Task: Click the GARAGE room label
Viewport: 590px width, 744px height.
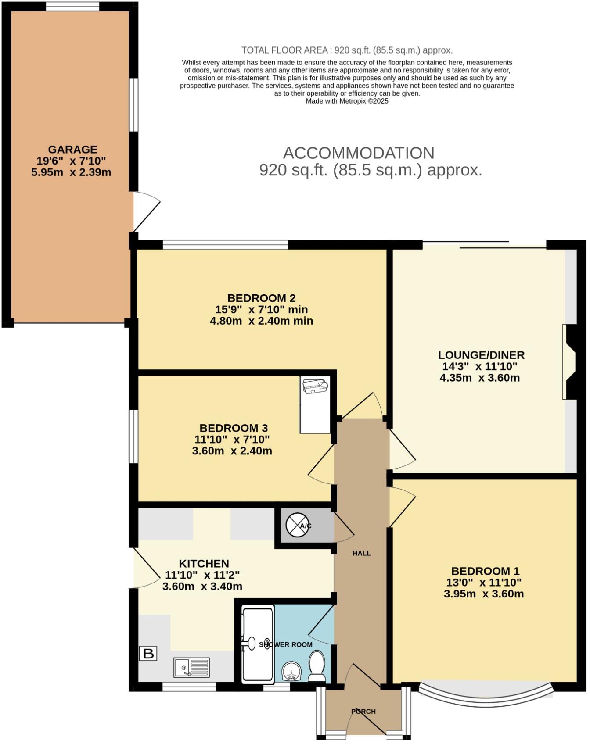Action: click(x=72, y=150)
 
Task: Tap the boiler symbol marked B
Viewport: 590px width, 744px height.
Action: click(x=148, y=654)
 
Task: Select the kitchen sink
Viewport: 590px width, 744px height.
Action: click(x=192, y=667)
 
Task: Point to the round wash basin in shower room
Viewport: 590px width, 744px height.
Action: click(x=291, y=671)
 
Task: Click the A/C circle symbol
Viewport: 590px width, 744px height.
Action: click(x=297, y=525)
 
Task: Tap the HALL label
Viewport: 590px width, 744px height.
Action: click(x=362, y=554)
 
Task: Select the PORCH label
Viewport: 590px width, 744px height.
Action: click(x=363, y=712)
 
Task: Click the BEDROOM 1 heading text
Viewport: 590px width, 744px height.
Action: click(x=485, y=571)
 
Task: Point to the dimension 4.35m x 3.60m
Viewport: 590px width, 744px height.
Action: click(x=479, y=378)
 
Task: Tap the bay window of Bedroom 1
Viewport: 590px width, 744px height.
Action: click(x=486, y=695)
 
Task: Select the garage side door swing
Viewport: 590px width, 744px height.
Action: click(x=146, y=211)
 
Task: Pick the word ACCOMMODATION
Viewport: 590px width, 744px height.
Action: click(x=359, y=153)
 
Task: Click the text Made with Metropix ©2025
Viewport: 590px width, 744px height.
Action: click(x=347, y=101)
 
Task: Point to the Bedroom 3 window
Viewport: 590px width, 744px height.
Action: click(x=133, y=436)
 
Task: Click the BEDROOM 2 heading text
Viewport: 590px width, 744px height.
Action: click(x=261, y=298)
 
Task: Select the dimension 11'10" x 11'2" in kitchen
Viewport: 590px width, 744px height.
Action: click(x=202, y=575)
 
